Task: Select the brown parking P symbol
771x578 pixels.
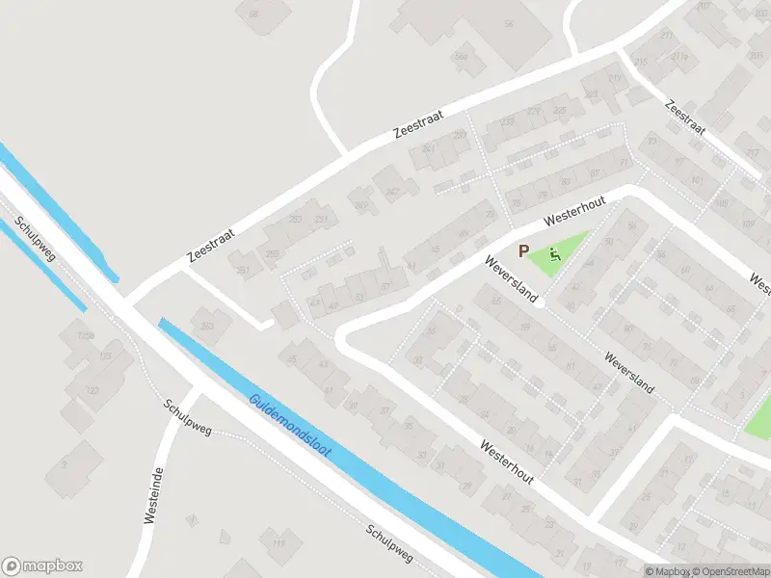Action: [x=524, y=250]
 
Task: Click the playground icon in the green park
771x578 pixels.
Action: [x=553, y=255]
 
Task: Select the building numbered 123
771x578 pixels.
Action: [x=93, y=390]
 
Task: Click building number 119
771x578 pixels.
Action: [x=279, y=545]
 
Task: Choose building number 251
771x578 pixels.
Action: [x=244, y=270]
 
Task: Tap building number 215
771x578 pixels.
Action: [x=642, y=63]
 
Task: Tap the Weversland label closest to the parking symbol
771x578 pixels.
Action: [x=510, y=280]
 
